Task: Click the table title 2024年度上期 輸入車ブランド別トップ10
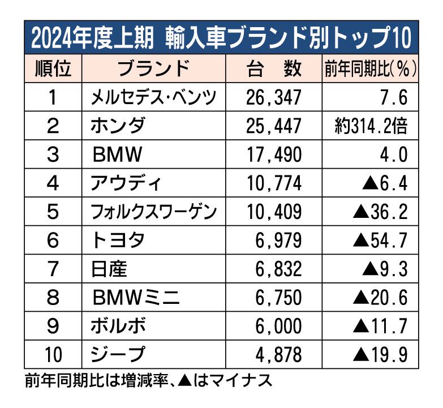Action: [x=221, y=38]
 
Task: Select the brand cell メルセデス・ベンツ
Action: [x=154, y=97]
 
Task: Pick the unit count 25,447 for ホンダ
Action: [x=274, y=126]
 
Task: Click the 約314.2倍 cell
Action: [x=371, y=126]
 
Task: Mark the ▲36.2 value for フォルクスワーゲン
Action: [x=380, y=212]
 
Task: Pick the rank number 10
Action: [x=53, y=355]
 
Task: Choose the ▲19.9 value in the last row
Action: [x=380, y=355]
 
